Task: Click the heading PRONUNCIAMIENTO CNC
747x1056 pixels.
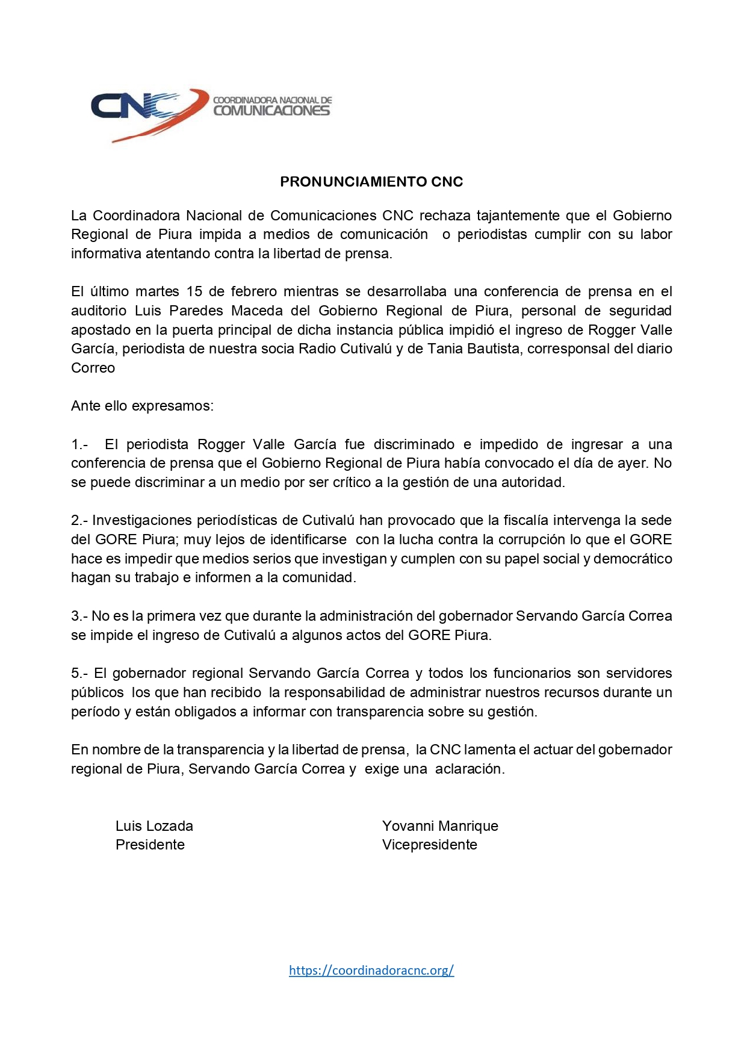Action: tap(371, 182)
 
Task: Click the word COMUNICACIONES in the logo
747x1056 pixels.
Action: tap(271, 111)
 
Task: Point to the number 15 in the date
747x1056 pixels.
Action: tap(194, 292)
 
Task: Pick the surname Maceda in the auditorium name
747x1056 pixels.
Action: tap(257, 311)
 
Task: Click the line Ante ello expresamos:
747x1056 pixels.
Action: tap(142, 406)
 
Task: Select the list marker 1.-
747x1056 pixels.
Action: tap(79, 444)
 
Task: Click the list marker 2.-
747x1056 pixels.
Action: tap(79, 520)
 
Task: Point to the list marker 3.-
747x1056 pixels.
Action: tap(79, 616)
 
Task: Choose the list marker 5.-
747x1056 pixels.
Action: tap(79, 673)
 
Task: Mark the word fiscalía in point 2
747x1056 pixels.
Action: tap(512, 520)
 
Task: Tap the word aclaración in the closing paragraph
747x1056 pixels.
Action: tap(470, 769)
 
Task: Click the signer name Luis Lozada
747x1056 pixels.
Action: tap(154, 826)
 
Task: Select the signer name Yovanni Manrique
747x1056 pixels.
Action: tap(440, 826)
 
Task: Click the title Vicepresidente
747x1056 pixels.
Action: tap(429, 845)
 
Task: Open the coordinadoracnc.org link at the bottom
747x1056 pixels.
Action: tap(371, 970)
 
